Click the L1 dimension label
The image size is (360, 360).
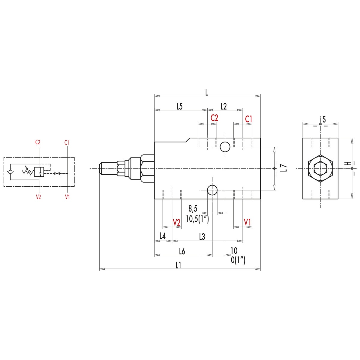point(178,265)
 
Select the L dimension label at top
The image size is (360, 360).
point(206,92)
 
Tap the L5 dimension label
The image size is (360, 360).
point(179,106)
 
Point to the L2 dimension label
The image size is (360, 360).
point(224,106)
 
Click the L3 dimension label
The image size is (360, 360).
point(202,237)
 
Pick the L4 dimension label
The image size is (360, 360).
point(162,236)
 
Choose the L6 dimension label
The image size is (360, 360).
point(182,251)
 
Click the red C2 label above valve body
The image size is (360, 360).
point(214,118)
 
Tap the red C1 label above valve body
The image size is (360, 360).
point(249,119)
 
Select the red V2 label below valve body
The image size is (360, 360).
point(177,223)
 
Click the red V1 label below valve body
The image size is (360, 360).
point(247,222)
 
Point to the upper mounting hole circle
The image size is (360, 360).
point(225,147)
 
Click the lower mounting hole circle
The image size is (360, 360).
point(212,190)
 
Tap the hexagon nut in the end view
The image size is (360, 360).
point(320,168)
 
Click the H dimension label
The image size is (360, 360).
point(347,163)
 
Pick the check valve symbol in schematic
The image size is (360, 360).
point(11,172)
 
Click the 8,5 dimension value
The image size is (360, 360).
point(193,208)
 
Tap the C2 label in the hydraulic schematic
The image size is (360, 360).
point(38,142)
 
